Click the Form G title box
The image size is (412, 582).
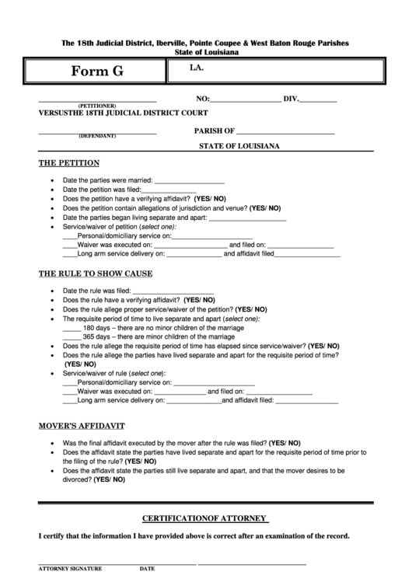[x=97, y=71]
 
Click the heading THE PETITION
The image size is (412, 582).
[x=69, y=163]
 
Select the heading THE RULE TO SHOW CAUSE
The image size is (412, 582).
[x=96, y=274]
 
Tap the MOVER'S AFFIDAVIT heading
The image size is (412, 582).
[x=82, y=427]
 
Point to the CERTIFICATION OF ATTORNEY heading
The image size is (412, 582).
[x=205, y=518]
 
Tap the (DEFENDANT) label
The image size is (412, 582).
[x=97, y=136]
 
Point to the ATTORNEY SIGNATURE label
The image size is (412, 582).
[x=71, y=569]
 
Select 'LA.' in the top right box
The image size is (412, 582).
[x=196, y=68]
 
